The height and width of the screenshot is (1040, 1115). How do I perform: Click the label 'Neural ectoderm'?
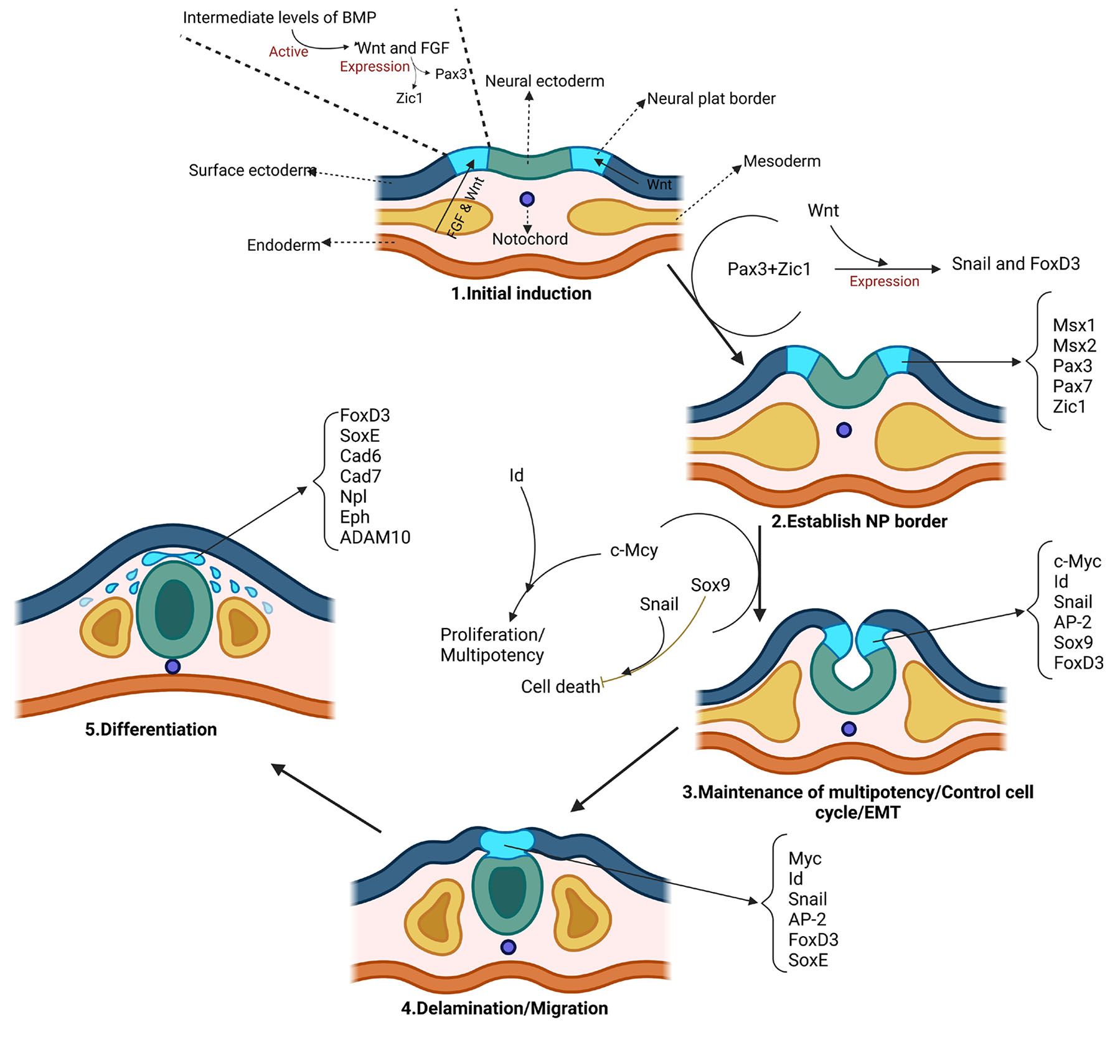click(x=545, y=81)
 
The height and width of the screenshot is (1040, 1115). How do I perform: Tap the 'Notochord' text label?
click(x=530, y=239)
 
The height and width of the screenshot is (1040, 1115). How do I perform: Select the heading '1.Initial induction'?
click(x=521, y=293)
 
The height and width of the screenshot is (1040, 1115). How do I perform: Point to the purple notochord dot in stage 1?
click(x=527, y=199)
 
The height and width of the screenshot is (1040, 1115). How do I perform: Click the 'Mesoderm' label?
click(x=782, y=161)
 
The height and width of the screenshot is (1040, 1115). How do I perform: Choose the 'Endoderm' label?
click(x=283, y=245)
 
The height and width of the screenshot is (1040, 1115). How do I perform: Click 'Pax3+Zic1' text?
click(x=769, y=269)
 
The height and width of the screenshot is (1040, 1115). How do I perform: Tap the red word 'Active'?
click(x=288, y=52)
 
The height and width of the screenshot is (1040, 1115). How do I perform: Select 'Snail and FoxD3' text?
click(x=1015, y=264)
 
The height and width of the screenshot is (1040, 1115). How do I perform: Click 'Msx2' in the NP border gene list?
click(x=1075, y=345)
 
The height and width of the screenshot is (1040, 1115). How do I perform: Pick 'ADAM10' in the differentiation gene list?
click(x=375, y=537)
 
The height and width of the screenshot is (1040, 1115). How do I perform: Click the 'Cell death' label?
click(x=560, y=686)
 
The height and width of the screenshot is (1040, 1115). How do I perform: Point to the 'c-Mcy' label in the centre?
click(x=634, y=550)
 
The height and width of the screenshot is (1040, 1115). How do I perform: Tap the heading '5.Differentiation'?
click(x=151, y=729)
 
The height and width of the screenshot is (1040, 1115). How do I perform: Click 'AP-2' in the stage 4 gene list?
click(x=807, y=919)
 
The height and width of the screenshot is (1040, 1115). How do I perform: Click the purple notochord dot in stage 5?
click(x=173, y=667)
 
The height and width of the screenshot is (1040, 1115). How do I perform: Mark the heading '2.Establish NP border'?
click(x=859, y=521)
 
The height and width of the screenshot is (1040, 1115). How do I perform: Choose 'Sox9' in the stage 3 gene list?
click(x=1073, y=642)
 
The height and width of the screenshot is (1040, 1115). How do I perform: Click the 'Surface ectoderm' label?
click(x=252, y=170)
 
